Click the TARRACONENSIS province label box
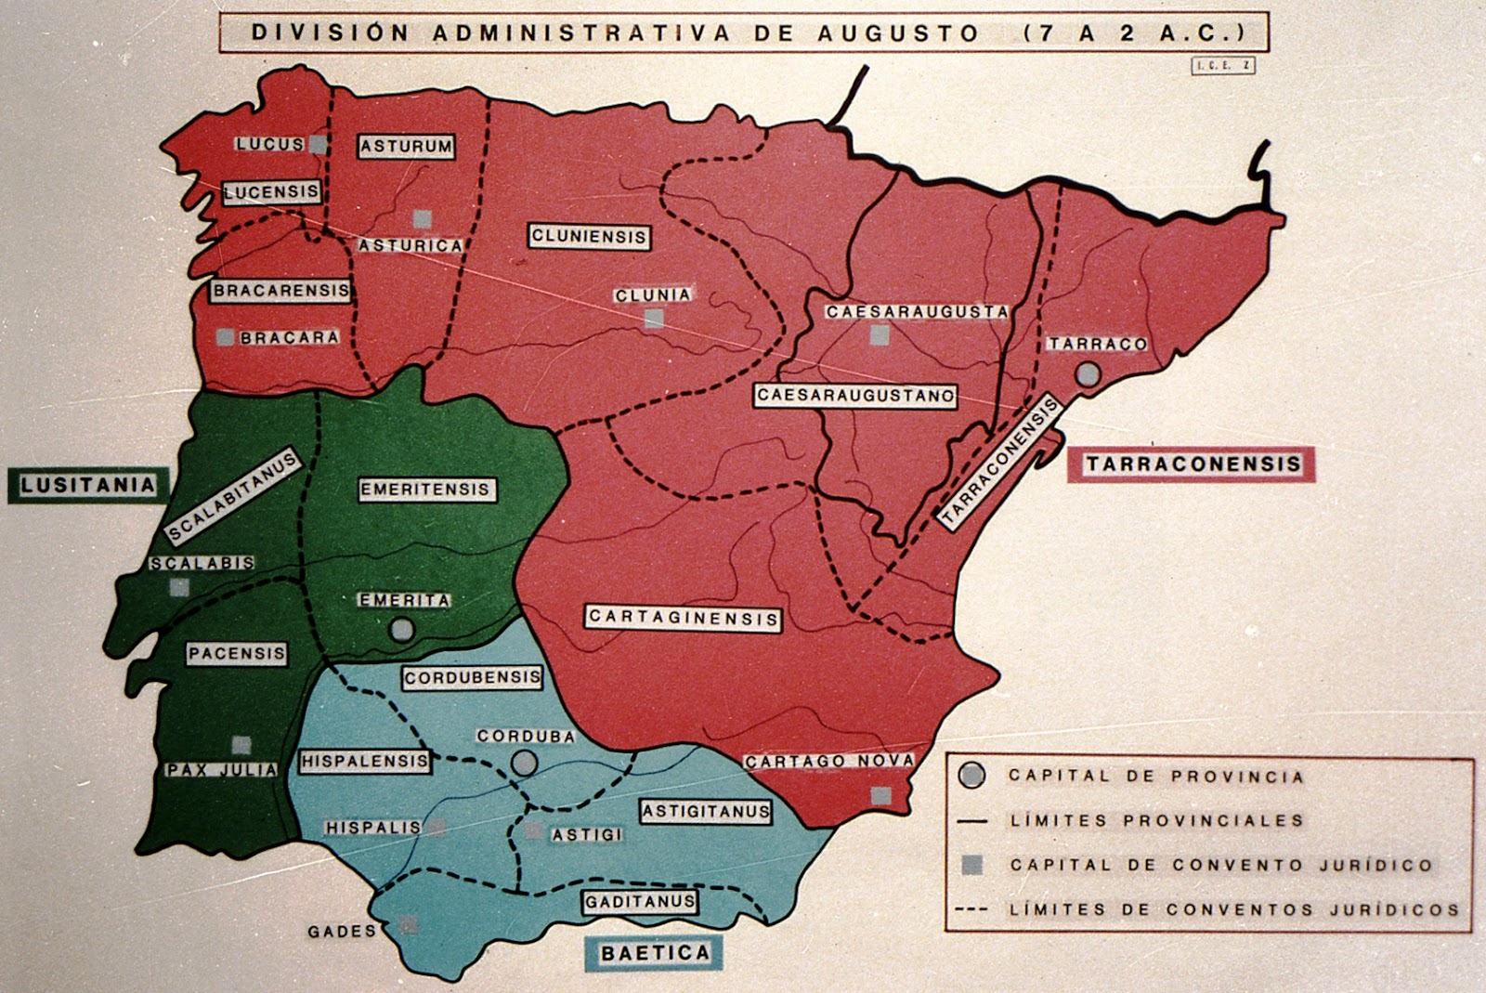[x=1193, y=464]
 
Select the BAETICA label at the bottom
[x=654, y=953]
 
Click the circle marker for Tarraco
[x=1088, y=374]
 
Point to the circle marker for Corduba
[x=525, y=763]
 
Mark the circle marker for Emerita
[x=402, y=630]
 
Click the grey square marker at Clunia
[x=654, y=319]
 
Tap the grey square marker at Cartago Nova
[x=880, y=795]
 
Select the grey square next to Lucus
[x=318, y=144]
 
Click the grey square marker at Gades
[x=408, y=924]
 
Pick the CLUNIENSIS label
[x=589, y=237]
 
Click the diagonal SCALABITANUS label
[x=232, y=496]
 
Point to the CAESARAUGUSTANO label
[x=855, y=396]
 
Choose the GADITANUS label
[x=640, y=902]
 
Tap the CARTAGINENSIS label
[x=683, y=618]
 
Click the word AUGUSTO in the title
[x=897, y=33]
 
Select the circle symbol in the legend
[x=971, y=776]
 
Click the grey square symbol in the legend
[x=971, y=865]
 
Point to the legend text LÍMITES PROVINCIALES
[x=1156, y=820]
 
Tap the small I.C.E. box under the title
[x=1222, y=66]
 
